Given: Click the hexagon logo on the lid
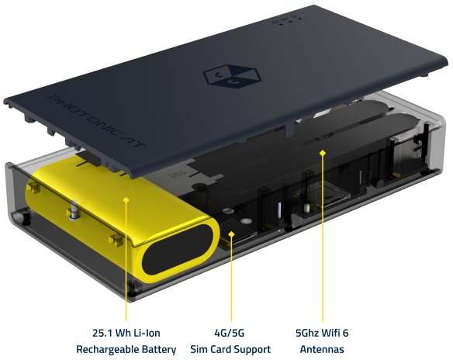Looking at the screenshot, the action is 232,76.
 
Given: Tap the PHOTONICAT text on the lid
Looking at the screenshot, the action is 96,121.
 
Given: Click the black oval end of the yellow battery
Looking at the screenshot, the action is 178,250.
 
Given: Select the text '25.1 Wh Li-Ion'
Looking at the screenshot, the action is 126,333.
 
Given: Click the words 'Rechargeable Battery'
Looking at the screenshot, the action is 126,349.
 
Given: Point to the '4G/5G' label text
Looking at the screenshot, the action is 230,333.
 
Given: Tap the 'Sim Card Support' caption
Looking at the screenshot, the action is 230,349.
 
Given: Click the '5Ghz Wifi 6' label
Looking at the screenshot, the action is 322,333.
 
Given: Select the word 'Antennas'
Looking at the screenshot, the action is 322,349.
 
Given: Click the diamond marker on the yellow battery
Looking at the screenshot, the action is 126,199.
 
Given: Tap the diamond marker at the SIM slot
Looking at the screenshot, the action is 231,234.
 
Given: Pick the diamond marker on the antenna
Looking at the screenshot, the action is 323,153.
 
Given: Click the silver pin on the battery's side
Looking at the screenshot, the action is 74,210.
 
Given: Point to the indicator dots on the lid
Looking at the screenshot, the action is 286,21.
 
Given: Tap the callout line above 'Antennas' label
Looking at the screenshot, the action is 323,237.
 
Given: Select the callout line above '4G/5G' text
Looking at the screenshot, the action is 231,279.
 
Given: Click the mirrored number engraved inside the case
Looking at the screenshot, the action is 178,174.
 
